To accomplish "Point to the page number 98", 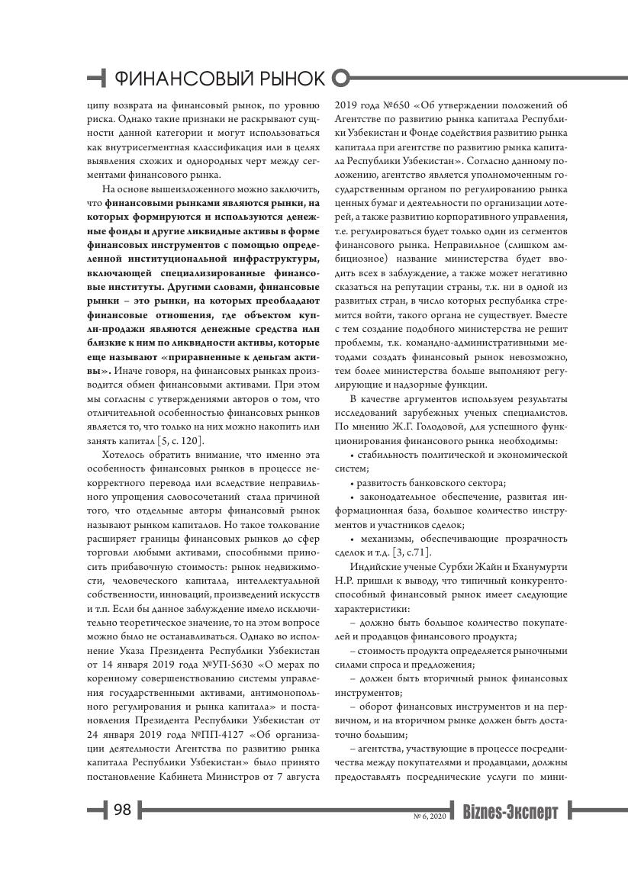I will (123, 810).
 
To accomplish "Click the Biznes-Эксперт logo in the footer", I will (510, 811).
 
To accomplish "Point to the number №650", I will (393, 105).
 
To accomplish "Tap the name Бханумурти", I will (534, 568).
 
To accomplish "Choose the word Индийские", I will (373, 568).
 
